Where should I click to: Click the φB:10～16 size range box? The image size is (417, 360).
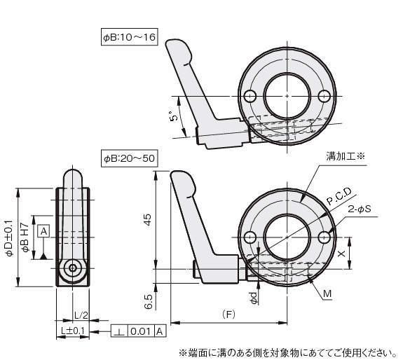(130, 36)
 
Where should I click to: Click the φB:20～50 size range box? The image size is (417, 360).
(129, 158)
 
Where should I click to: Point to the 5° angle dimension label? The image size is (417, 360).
(173, 116)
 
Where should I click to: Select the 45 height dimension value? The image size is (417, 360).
(147, 219)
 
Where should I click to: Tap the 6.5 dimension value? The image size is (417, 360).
(149, 301)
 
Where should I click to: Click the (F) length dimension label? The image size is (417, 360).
(228, 315)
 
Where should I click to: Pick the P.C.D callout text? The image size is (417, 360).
(339, 196)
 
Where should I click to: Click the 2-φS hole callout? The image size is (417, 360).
(360, 209)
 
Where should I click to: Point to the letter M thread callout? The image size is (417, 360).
(327, 293)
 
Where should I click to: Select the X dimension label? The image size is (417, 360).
(341, 254)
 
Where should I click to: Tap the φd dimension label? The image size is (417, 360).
(254, 298)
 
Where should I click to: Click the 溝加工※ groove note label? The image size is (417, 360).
(345, 156)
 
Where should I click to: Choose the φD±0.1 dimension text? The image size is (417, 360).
(10, 238)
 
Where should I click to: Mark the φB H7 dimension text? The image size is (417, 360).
(25, 237)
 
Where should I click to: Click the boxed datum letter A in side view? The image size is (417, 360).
(43, 231)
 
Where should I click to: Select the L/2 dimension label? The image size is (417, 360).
(81, 315)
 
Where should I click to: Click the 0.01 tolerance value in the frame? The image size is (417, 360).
(141, 331)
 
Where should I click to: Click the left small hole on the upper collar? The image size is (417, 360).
(249, 96)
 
